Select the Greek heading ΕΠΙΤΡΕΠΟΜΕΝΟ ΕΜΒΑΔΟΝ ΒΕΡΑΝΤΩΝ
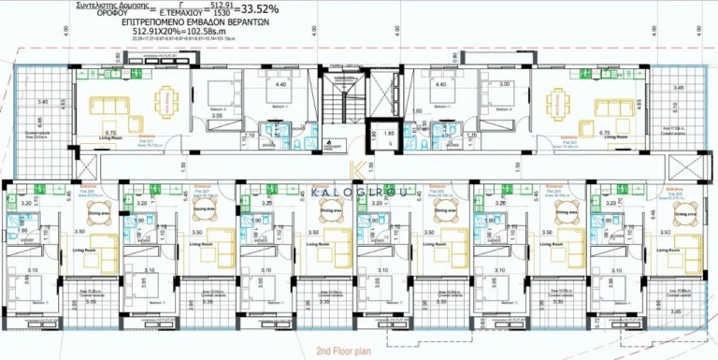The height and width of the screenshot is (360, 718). pos(179,21)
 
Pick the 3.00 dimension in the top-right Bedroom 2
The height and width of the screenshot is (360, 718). pos(505,85)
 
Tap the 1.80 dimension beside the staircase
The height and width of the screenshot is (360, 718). pos(391,133)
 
